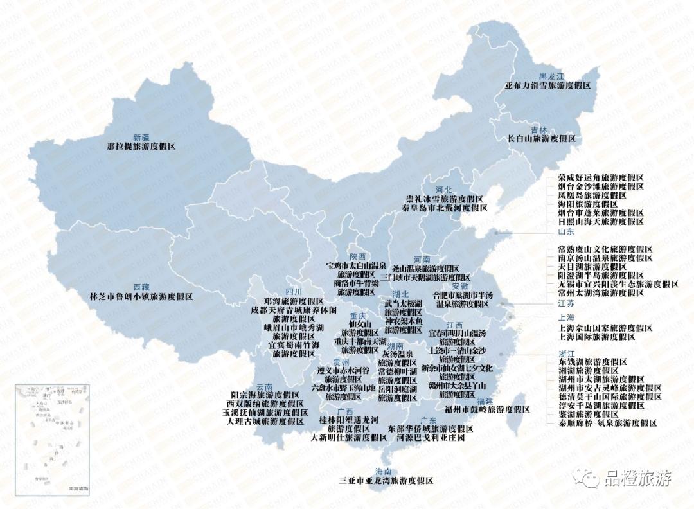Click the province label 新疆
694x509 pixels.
click(x=141, y=137)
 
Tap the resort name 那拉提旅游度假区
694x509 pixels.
click(x=141, y=147)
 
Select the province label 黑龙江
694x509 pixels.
click(x=551, y=76)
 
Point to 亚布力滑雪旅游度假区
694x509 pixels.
click(x=547, y=85)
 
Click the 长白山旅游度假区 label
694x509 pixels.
click(x=541, y=138)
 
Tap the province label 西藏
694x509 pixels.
click(x=141, y=287)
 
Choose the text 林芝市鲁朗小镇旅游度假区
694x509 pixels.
click(x=141, y=296)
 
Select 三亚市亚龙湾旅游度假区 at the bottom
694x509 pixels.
click(x=386, y=480)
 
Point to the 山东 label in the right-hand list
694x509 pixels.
click(x=565, y=231)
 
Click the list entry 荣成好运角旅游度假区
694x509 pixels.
click(x=601, y=177)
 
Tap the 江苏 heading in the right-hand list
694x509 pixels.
click(x=566, y=303)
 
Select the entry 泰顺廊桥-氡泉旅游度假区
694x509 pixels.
click(x=608, y=423)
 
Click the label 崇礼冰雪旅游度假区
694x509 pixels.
click(x=443, y=199)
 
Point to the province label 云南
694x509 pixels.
click(x=265, y=386)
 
